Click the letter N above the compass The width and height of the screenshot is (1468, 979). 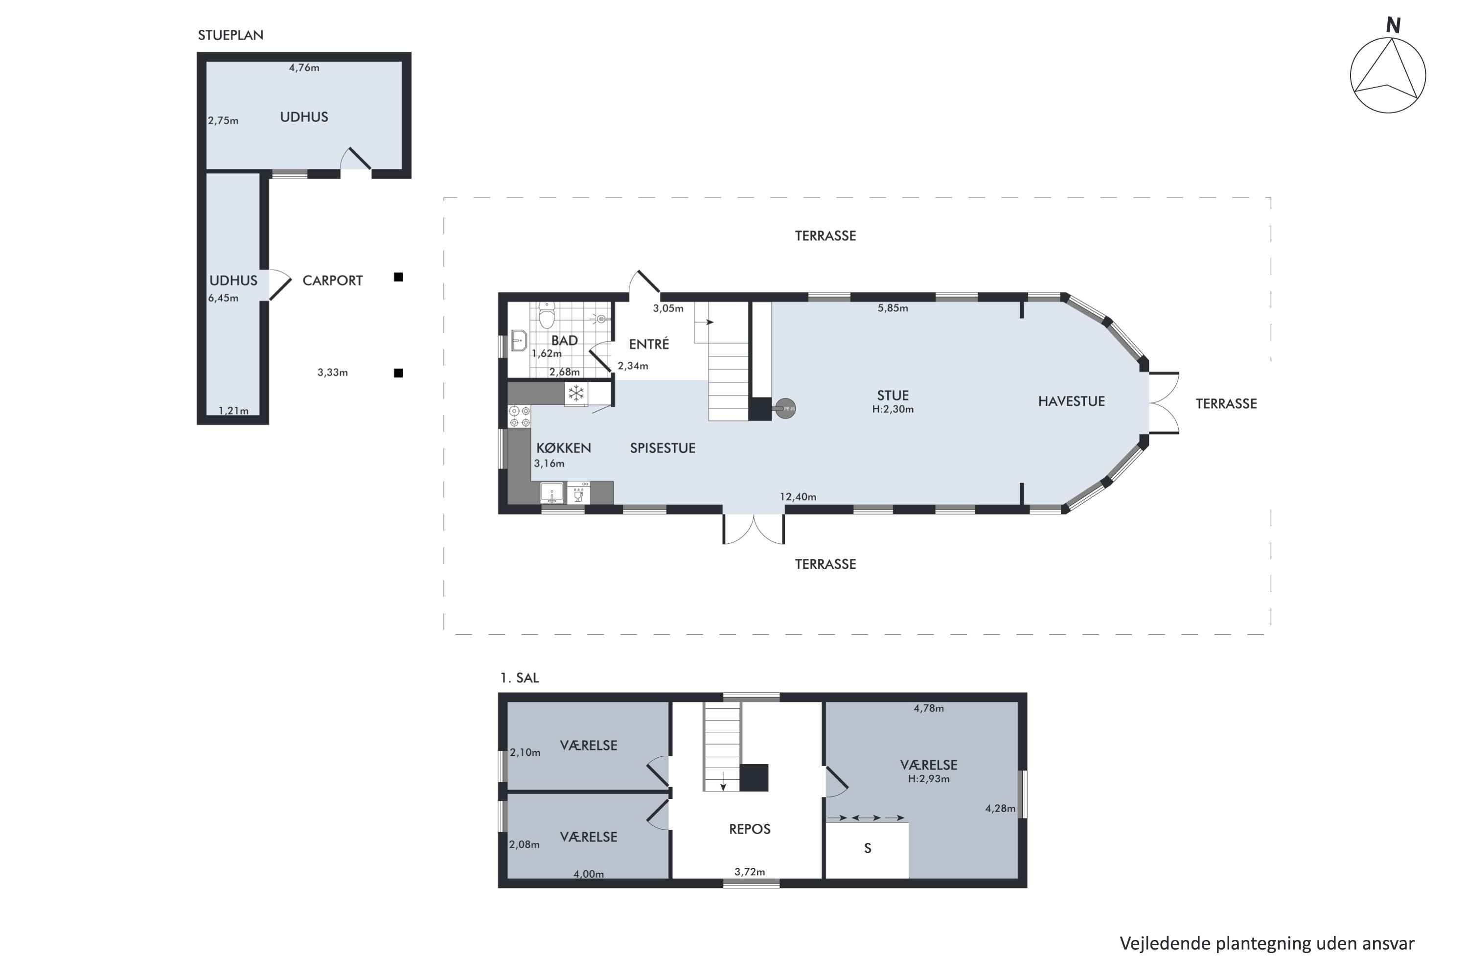click(1393, 25)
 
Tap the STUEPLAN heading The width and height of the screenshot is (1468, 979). click(230, 35)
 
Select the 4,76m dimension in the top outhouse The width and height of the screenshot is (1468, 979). click(304, 68)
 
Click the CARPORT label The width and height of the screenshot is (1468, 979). click(333, 280)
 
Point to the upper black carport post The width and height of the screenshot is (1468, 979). click(398, 277)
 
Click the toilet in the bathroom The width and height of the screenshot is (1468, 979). click(547, 315)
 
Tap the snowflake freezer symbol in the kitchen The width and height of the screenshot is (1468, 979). click(576, 394)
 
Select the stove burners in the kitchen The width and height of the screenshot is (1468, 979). click(519, 417)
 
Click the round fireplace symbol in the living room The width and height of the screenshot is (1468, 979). click(786, 408)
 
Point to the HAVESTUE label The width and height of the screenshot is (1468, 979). click(1071, 401)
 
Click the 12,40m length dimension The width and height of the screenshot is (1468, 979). click(798, 497)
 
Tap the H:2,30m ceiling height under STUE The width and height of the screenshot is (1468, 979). click(893, 410)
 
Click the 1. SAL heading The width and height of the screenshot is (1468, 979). click(519, 678)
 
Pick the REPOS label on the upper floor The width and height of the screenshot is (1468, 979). click(750, 829)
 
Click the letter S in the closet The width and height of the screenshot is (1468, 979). click(868, 848)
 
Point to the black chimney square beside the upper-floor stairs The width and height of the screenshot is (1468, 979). click(754, 778)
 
